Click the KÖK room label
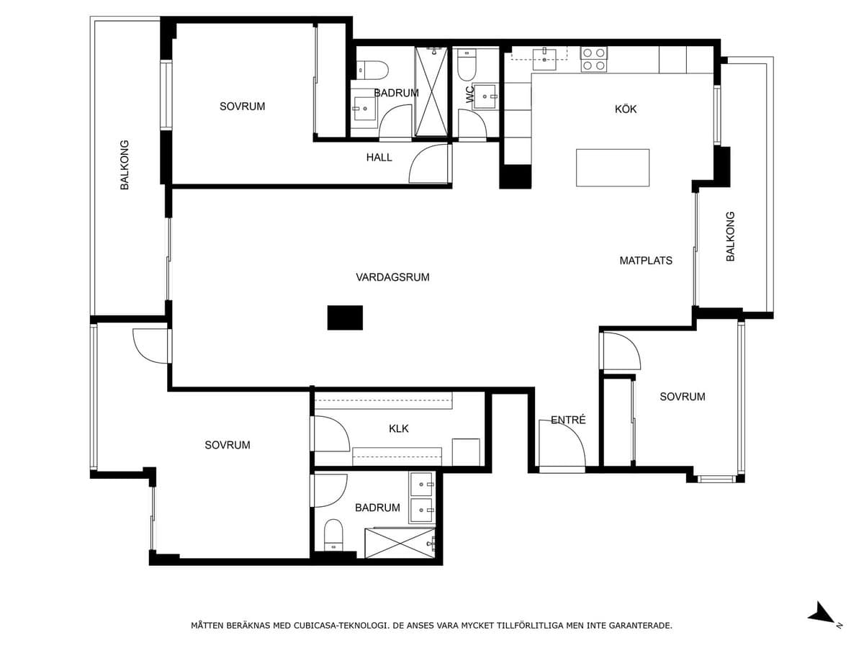pyautogui.click(x=625, y=109)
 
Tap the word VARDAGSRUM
pyautogui.click(x=392, y=277)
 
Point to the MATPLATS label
pyautogui.click(x=646, y=261)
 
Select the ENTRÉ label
pyautogui.click(x=568, y=420)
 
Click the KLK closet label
pyautogui.click(x=398, y=428)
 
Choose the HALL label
pyautogui.click(x=379, y=158)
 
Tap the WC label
pyautogui.click(x=470, y=94)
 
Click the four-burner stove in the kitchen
pyautogui.click(x=593, y=60)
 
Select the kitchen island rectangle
pyautogui.click(x=613, y=168)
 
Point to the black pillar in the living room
pyautogui.click(x=345, y=318)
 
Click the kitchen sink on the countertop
pyautogui.click(x=544, y=59)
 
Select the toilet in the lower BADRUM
pyautogui.click(x=333, y=535)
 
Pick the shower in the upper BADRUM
pyautogui.click(x=431, y=91)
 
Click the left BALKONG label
pyautogui.click(x=125, y=165)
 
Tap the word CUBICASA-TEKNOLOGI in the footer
pyautogui.click(x=341, y=625)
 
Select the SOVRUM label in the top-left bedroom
pyautogui.click(x=242, y=107)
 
